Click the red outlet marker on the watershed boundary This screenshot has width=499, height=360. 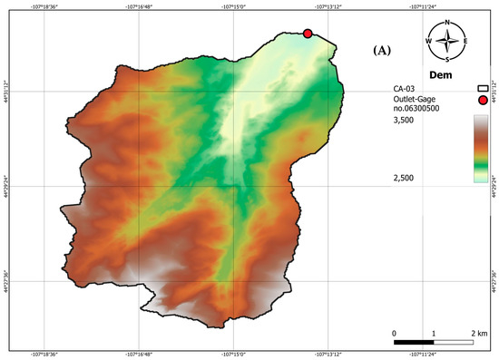(x=308, y=34)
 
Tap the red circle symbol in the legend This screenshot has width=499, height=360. (x=483, y=101)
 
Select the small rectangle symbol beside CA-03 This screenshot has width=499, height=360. (x=483, y=88)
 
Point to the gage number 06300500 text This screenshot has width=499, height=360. (x=413, y=108)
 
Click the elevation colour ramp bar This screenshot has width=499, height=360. (x=482, y=150)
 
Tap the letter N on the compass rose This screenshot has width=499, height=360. (x=447, y=22)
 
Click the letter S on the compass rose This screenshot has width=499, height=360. (x=447, y=60)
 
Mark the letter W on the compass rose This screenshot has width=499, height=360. (x=428, y=41)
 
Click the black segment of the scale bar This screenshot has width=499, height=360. (x=415, y=342)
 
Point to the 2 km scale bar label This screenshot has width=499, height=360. (x=482, y=334)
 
